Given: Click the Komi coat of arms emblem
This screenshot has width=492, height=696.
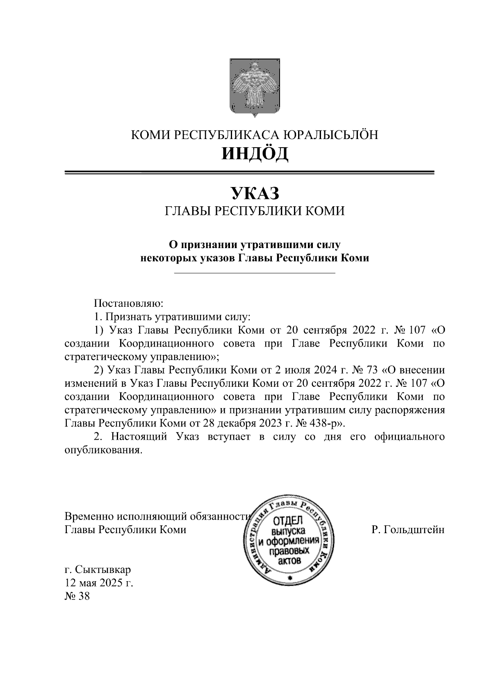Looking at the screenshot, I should coord(255,87).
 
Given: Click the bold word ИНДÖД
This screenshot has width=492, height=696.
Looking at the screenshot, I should coord(255,153).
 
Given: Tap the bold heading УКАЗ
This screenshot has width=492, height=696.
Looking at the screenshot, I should coord(255,193).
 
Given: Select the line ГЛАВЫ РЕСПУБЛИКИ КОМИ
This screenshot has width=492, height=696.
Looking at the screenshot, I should coord(255,211).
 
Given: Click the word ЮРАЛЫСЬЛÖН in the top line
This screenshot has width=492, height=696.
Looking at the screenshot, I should coord(330,135).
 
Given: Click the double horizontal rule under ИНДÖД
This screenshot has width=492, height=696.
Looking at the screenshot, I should coord(249,173).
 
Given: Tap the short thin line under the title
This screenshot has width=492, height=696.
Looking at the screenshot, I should coord(255,273).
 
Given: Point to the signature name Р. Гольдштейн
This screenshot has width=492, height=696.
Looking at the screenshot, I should coord(408,529).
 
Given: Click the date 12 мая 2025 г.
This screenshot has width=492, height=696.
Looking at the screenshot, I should coord(99,583).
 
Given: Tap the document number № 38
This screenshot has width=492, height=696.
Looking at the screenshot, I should coord(77,596).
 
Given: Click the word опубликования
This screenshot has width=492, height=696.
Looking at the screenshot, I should coord(104,450).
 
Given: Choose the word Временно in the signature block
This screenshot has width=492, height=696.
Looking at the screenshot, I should coord(89,516).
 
